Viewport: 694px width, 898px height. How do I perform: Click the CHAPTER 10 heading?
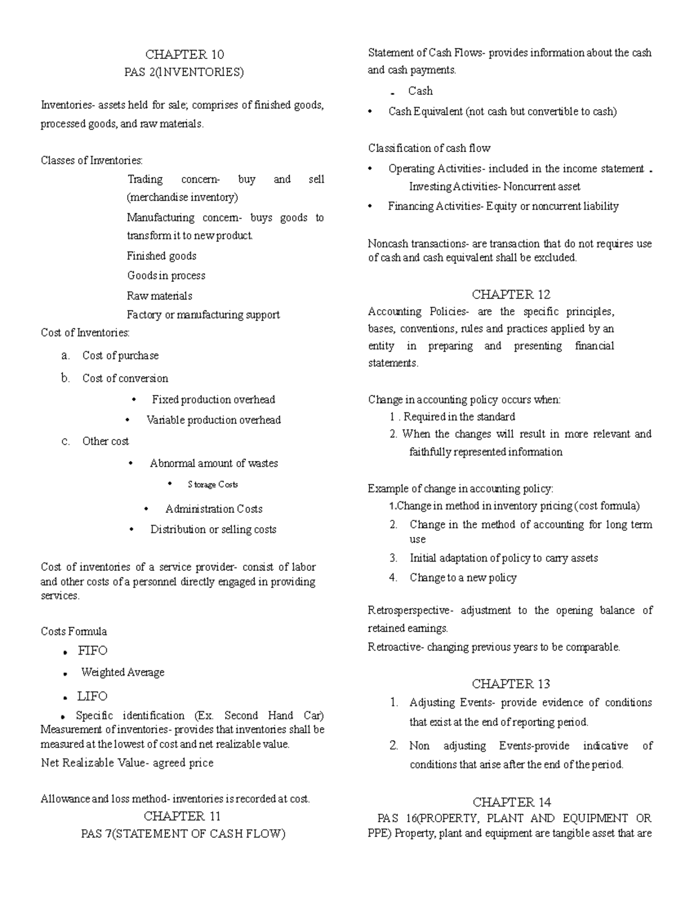tap(184, 55)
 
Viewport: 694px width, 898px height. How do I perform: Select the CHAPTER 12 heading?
tap(511, 294)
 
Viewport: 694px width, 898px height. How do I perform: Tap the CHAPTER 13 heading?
tap(511, 684)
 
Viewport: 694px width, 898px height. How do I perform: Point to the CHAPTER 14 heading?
tap(511, 802)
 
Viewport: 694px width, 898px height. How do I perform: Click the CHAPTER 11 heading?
tap(182, 816)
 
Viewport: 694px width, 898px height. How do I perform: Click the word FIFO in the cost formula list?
tap(93, 651)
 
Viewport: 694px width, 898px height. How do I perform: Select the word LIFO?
tap(93, 696)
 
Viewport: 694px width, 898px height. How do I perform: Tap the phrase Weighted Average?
tap(123, 672)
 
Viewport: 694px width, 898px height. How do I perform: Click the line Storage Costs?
tap(212, 485)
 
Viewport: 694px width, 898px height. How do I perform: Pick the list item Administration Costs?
tap(213, 509)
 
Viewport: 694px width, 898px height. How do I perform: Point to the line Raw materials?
tap(159, 295)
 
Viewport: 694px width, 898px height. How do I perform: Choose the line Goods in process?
tap(166, 276)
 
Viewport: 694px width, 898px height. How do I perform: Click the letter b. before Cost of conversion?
tap(65, 378)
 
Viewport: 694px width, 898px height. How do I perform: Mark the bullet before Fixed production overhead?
tap(134, 400)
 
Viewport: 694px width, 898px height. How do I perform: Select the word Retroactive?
tap(396, 647)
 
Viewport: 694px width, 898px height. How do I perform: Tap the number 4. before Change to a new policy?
tap(393, 578)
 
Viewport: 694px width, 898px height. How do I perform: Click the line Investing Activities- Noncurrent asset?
tap(494, 187)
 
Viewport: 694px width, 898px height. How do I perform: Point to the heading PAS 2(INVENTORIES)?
tap(184, 72)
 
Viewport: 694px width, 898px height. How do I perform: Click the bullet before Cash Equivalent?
tap(370, 112)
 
